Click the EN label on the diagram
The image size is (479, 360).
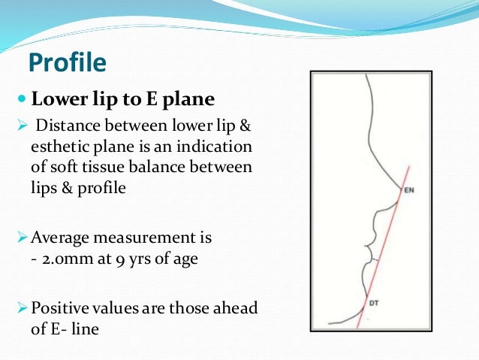[409, 190]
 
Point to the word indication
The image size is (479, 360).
[219, 146]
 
